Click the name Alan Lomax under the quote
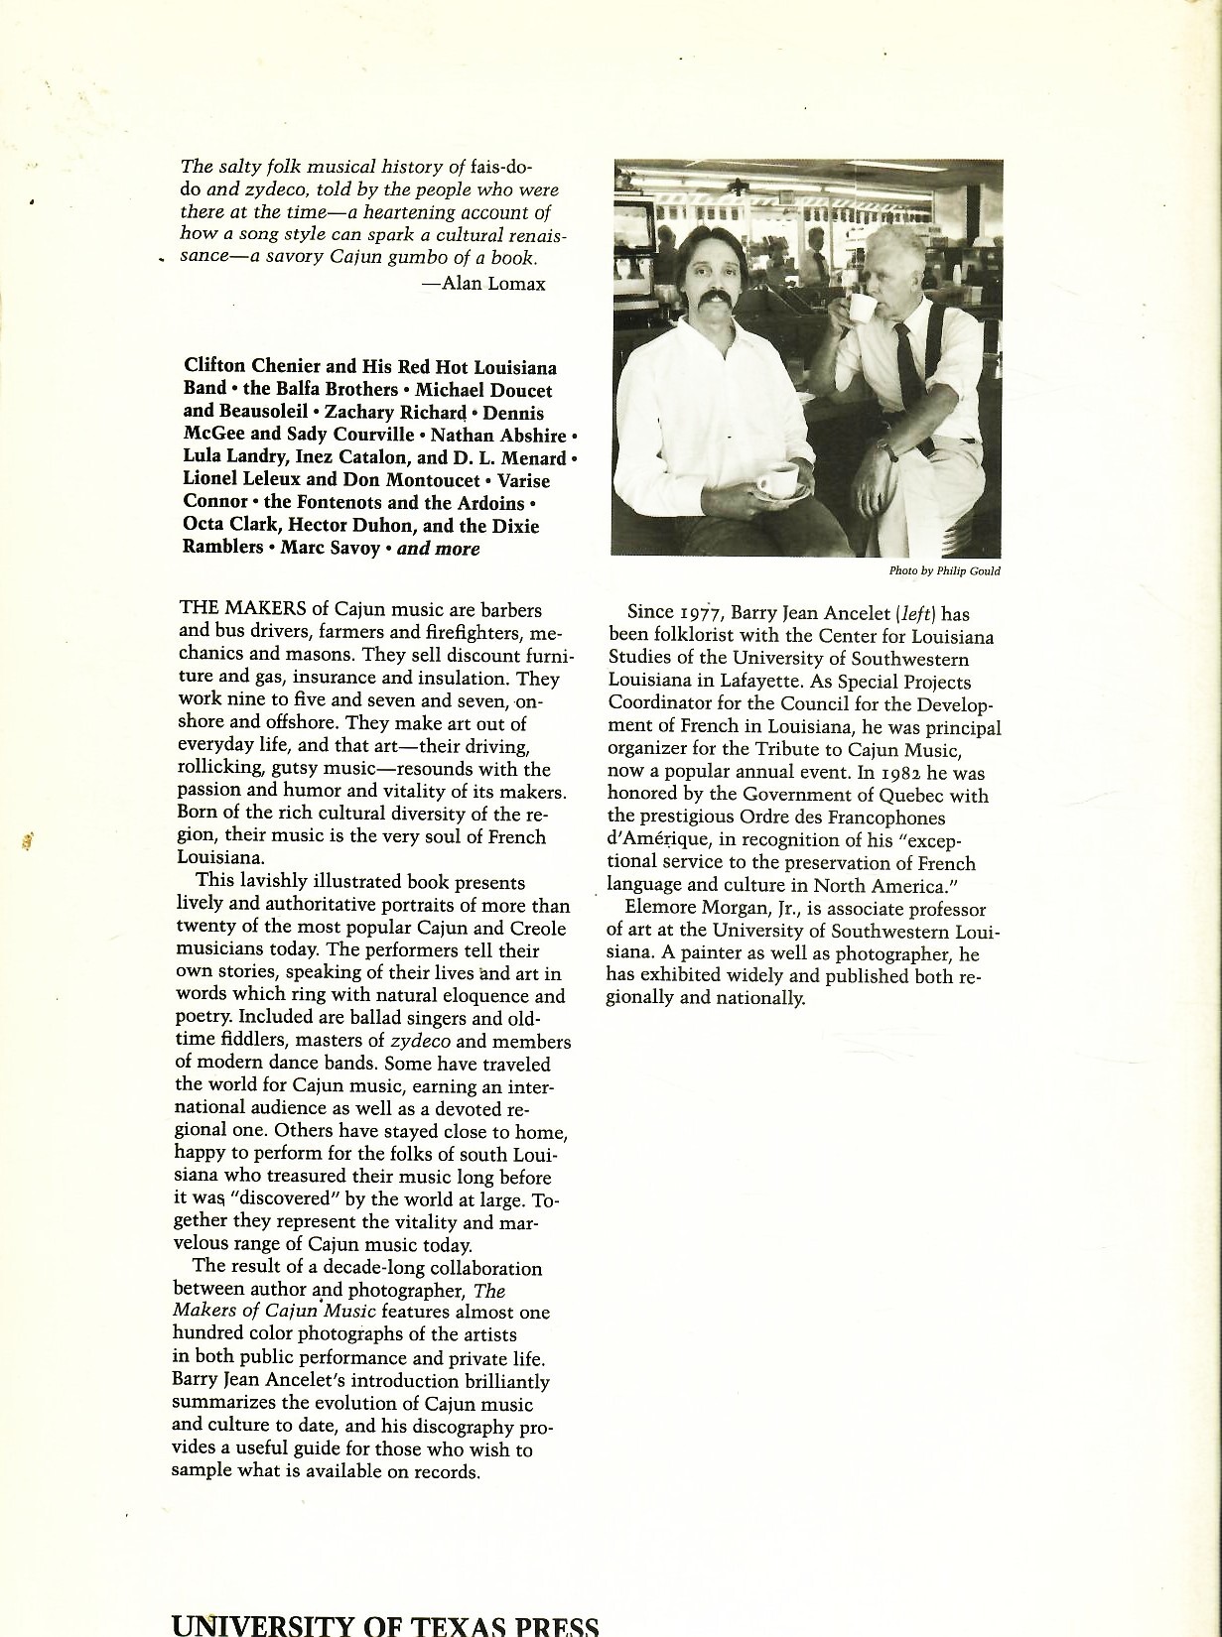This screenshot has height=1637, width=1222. pyautogui.click(x=493, y=284)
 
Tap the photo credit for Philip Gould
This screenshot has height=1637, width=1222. pyautogui.click(x=945, y=570)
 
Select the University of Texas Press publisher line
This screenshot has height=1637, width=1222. pyautogui.click(x=385, y=1623)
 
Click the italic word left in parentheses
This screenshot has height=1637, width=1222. pyautogui.click(x=915, y=613)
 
